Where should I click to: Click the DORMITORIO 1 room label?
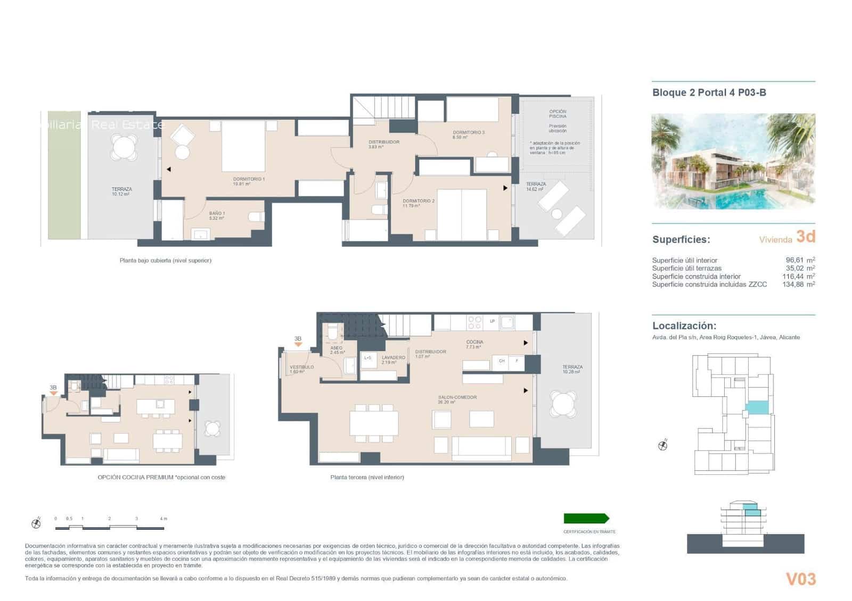pyautogui.click(x=249, y=179)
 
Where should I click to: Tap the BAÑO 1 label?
pyautogui.click(x=217, y=213)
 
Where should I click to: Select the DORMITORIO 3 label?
pyautogui.click(x=469, y=132)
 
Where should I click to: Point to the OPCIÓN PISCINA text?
pyautogui.click(x=558, y=114)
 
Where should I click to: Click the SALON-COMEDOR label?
pyautogui.click(x=457, y=397)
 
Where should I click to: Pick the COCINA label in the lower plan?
pyautogui.click(x=474, y=342)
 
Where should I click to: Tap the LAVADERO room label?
pyautogui.click(x=393, y=357)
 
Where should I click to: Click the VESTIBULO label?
pyautogui.click(x=301, y=367)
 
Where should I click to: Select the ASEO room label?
pyautogui.click(x=336, y=348)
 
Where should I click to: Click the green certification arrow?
pyautogui.click(x=586, y=519)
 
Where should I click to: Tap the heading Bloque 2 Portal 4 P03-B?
pyautogui.click(x=709, y=93)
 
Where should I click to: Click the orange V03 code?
pyautogui.click(x=800, y=579)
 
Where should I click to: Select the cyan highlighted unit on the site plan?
pyautogui.click(x=757, y=408)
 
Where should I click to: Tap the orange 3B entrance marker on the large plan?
pyautogui.click(x=298, y=340)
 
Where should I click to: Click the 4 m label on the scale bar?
pyautogui.click(x=163, y=519)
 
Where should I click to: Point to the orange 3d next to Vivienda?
pyautogui.click(x=805, y=237)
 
